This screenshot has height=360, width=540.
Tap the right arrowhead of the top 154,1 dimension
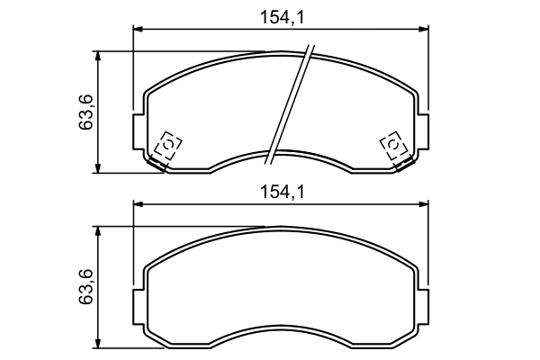click(423, 31)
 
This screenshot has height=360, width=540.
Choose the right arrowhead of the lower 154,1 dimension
click(423, 205)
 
